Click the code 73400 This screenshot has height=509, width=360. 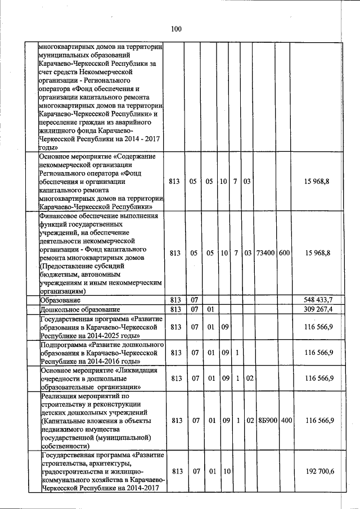265,253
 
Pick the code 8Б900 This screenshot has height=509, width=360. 265,421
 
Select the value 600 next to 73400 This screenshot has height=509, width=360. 284,253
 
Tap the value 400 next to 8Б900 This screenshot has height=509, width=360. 286,421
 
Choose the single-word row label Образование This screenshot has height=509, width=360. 62,300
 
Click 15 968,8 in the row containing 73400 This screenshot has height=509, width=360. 319,253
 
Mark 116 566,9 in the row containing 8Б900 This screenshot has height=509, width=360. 319,421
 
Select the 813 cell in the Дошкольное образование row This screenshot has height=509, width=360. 174,309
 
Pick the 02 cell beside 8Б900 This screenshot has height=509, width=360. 247,421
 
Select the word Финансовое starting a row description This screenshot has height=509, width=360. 60,215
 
